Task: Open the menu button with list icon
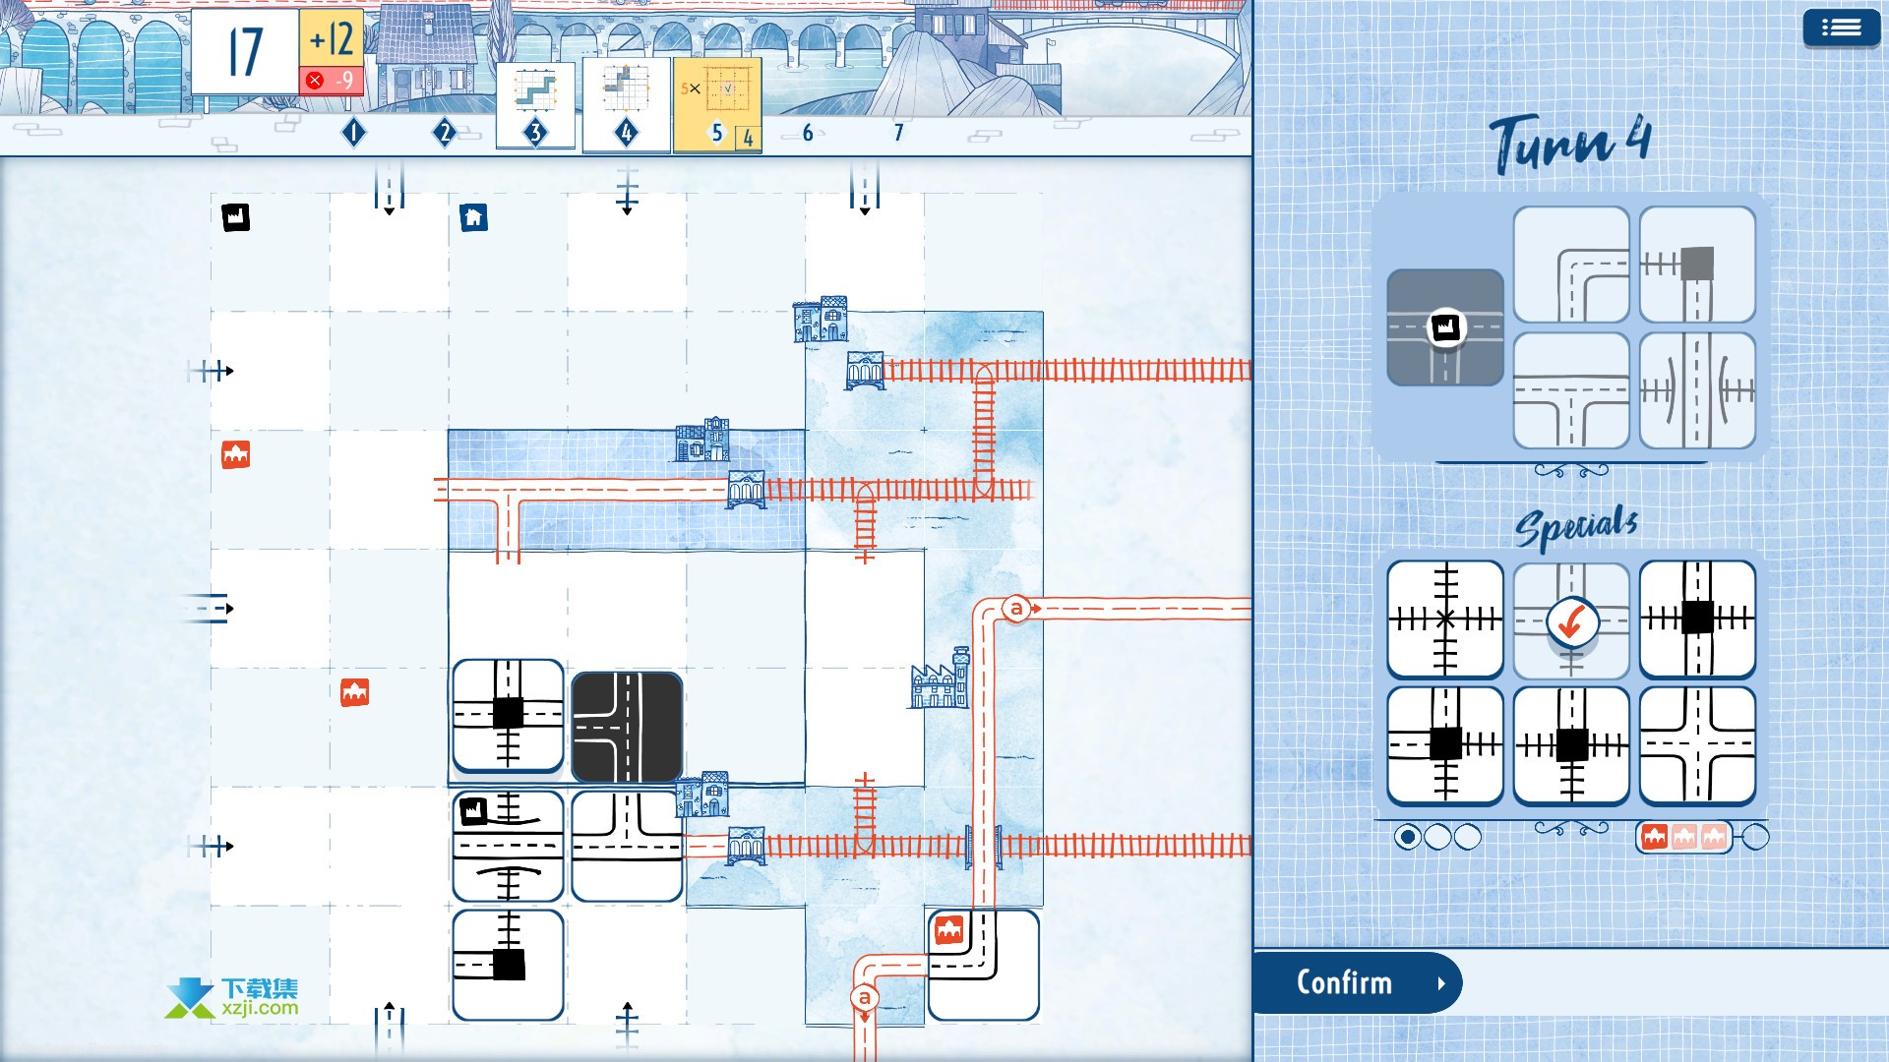[1841, 28]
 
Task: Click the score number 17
[245, 52]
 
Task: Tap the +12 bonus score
[332, 39]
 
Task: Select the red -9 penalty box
[332, 81]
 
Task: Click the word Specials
[1576, 527]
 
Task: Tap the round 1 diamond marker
[354, 133]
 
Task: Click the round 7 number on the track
[898, 133]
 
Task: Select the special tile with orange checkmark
[1571, 620]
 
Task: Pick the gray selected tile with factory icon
[1445, 327]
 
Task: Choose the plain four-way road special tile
[1697, 745]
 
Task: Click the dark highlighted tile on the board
[627, 727]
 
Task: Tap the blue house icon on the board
[473, 217]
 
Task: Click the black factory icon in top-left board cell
[236, 216]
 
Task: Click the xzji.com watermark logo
[232, 997]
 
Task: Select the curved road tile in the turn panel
[1571, 265]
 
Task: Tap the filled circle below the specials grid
[1408, 837]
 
